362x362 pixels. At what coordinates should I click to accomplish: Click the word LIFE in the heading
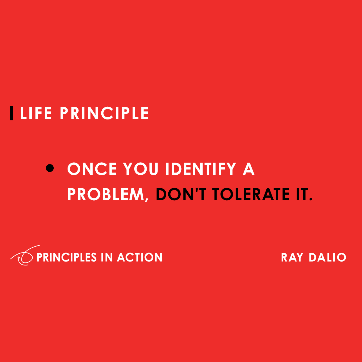(x=36, y=113)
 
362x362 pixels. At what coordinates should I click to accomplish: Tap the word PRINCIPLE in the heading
(x=104, y=113)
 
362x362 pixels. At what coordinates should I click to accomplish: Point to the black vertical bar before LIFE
(x=11, y=113)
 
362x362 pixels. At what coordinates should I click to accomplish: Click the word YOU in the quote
(x=141, y=169)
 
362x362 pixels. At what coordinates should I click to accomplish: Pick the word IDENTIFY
(x=201, y=169)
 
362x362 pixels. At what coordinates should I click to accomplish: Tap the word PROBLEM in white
(x=106, y=195)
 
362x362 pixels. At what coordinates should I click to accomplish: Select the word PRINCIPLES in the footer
(x=66, y=257)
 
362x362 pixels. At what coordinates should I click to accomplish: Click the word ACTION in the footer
(x=140, y=257)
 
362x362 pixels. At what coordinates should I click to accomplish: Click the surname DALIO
(x=328, y=257)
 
